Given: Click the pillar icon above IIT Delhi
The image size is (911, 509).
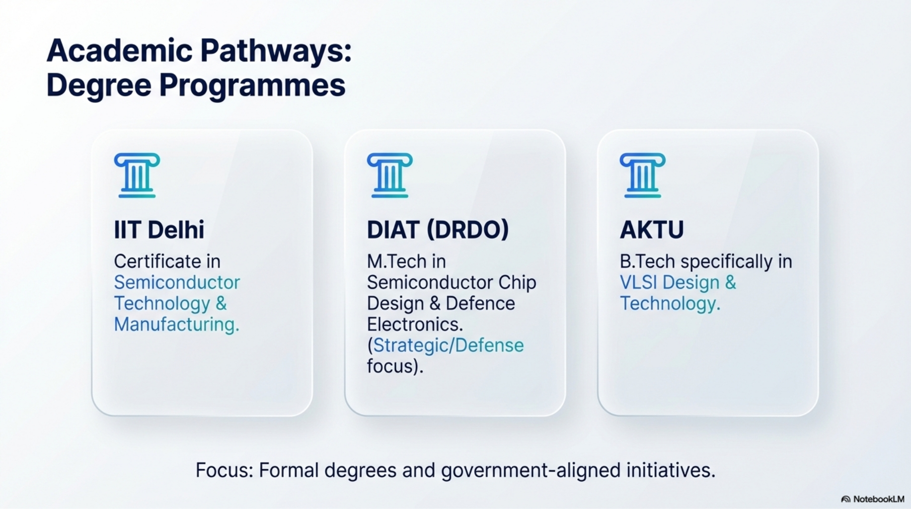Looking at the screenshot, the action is (x=137, y=175).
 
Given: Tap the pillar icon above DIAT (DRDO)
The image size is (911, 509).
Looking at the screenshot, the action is (x=390, y=175).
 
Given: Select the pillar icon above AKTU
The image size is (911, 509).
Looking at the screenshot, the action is (x=643, y=175).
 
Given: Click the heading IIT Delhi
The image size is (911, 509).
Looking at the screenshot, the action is (x=159, y=230).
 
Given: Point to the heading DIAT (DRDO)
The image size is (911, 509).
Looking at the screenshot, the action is (x=438, y=230).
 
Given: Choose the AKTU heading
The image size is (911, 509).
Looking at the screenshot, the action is (x=652, y=230).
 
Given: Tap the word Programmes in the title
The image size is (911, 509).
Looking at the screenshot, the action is (x=252, y=85).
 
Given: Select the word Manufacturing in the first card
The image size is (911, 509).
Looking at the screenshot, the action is (x=176, y=325).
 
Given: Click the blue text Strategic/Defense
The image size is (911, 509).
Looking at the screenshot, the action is (x=448, y=345).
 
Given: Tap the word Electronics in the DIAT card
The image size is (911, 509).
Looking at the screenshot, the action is (x=415, y=325).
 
